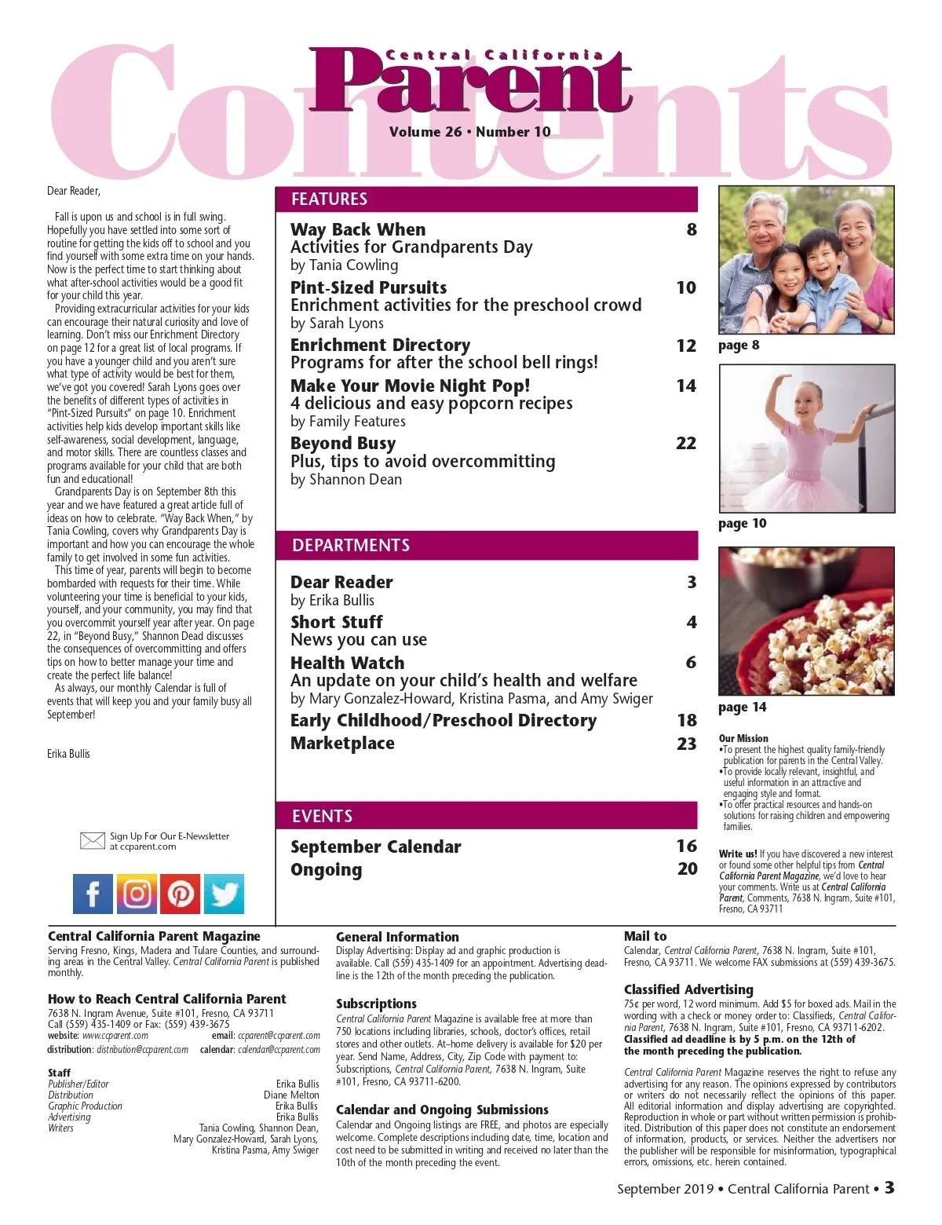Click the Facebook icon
click(x=93, y=894)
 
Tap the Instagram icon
click(x=137, y=894)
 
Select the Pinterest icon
click(x=181, y=894)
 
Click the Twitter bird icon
click(x=224, y=894)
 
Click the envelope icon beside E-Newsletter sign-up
click(x=93, y=841)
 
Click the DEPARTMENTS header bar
click(x=487, y=545)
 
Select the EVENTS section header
click(x=487, y=816)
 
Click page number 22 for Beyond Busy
click(x=686, y=444)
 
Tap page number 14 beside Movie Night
click(x=686, y=386)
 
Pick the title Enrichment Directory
click(x=380, y=346)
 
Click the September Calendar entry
click(x=375, y=847)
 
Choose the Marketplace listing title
click(x=342, y=743)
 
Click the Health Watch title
click(x=347, y=663)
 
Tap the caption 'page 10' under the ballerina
click(x=742, y=524)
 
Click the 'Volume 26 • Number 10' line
click(x=469, y=132)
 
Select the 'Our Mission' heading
click(x=743, y=738)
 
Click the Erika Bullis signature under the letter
click(x=68, y=754)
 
